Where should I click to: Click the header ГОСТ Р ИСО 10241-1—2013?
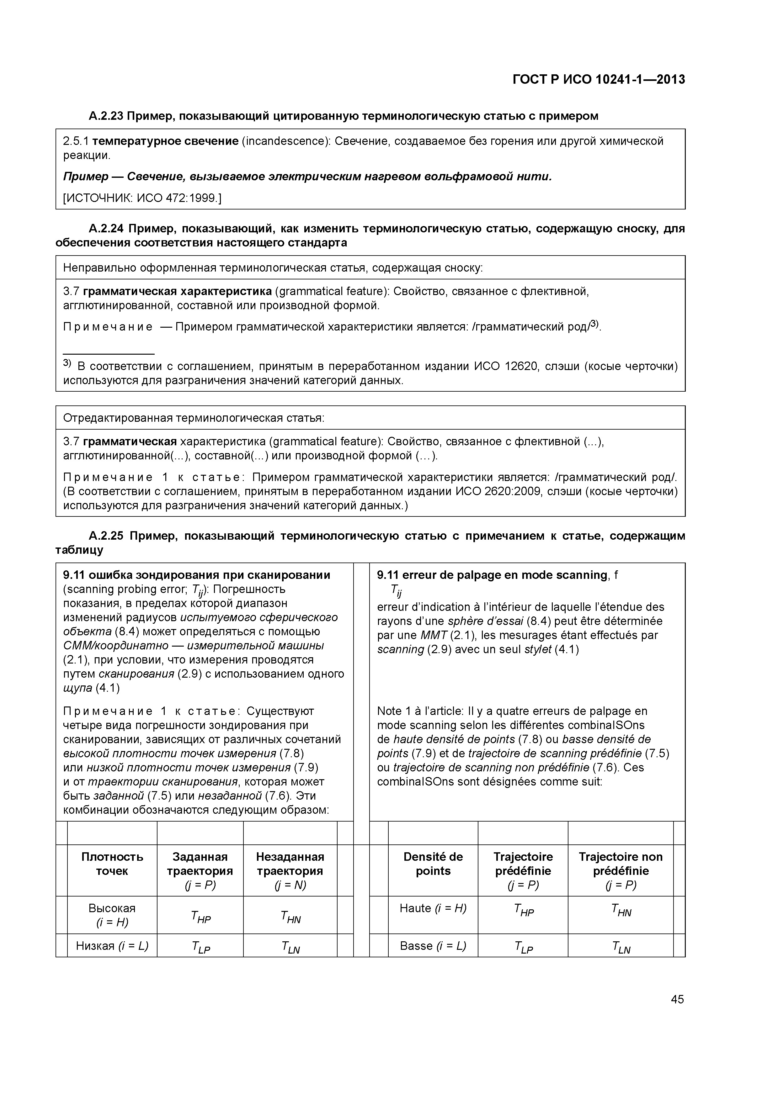[598, 80]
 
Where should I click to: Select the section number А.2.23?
[106, 116]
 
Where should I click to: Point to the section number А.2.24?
[106, 229]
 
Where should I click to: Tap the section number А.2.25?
[106, 536]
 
